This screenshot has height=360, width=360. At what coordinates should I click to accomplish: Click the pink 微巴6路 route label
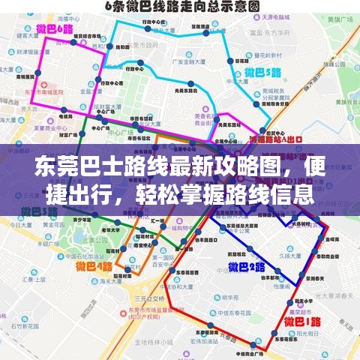click(x=54, y=30)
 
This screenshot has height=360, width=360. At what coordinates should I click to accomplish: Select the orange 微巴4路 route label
click(x=93, y=265)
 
